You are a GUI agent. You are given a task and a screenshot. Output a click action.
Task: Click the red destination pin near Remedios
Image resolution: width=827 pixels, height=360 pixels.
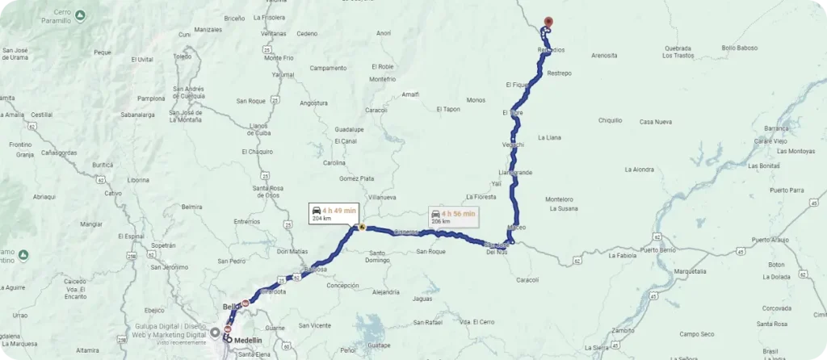click(x=548, y=23)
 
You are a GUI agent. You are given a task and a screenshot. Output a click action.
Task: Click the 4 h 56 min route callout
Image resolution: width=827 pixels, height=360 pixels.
click(x=453, y=216)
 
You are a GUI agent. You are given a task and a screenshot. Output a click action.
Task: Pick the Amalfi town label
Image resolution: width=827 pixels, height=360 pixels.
click(x=410, y=94)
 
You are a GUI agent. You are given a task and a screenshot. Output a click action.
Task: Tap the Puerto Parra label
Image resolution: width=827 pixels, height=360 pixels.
click(x=787, y=190)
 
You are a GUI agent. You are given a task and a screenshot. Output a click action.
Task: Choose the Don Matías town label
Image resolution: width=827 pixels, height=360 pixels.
click(x=292, y=252)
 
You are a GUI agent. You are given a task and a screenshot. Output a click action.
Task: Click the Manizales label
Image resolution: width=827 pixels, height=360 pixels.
click(x=208, y=29)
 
